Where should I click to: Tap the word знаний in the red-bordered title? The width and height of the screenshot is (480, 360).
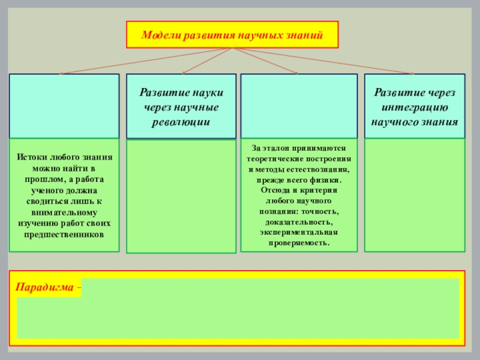(305, 35)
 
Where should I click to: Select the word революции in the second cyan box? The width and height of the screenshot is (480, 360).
(180, 121)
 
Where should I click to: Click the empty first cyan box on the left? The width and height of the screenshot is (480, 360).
(64, 106)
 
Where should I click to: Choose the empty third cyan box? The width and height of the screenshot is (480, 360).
(299, 106)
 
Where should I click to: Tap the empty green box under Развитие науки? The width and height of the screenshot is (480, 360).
(181, 196)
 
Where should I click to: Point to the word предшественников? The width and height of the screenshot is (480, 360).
(64, 233)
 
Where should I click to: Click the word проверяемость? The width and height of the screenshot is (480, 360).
(299, 244)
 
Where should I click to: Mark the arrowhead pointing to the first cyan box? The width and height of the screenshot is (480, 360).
(62, 73)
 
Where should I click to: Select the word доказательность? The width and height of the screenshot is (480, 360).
(299, 222)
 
